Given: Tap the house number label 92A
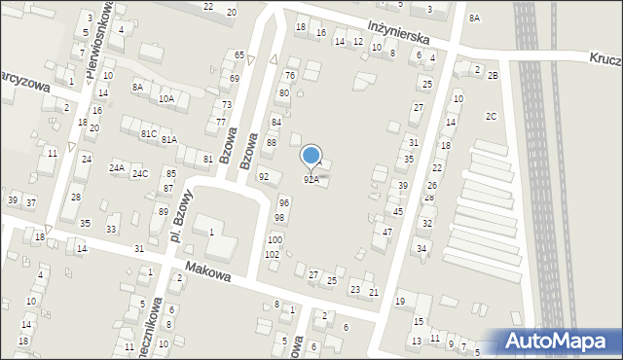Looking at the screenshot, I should coord(311,179).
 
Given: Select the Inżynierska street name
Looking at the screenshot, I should coord(400,33).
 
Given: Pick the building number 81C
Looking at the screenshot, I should coord(148,133).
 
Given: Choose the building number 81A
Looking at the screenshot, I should coord(169,140).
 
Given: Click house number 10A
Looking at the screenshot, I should coord(166,98).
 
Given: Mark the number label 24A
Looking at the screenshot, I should coord(117,168).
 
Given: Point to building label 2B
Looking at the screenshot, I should coord(493,76).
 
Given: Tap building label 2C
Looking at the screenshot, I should coord(492,117).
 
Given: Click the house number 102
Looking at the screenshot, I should coord(272,254).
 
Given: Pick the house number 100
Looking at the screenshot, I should coord(275,239).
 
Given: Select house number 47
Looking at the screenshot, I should coord(387,232).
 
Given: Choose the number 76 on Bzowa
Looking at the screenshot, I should coord(289,75).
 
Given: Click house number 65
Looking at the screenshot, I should coord(238,54).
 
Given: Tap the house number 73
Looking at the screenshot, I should coord(227,104).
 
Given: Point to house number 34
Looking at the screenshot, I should coord(421,248).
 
